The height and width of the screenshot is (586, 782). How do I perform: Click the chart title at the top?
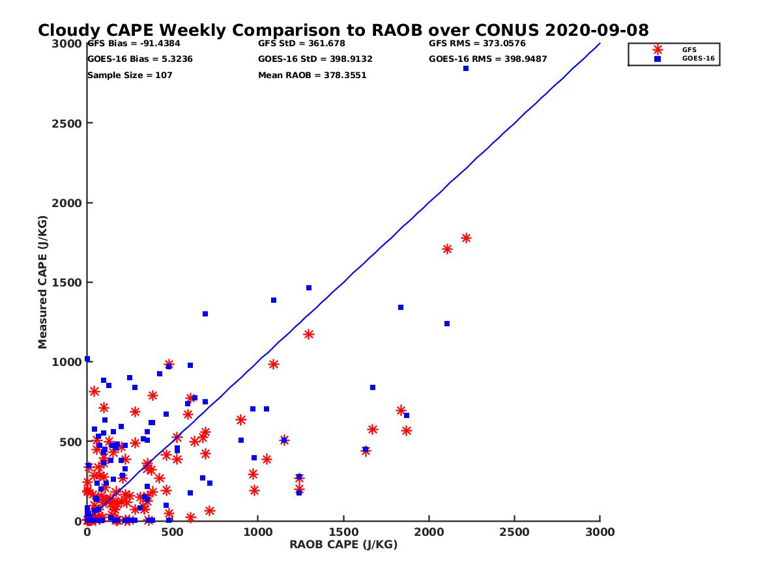click(343, 30)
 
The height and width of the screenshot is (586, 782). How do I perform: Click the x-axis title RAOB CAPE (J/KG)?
click(343, 544)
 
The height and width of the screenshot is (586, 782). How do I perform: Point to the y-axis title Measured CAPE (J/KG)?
click(43, 282)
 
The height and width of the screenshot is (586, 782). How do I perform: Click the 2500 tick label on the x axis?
click(515, 532)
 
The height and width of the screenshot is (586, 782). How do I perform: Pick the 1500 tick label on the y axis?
click(66, 283)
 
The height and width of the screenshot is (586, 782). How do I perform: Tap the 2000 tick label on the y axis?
click(66, 203)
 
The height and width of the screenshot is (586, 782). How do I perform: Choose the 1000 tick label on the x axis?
click(258, 532)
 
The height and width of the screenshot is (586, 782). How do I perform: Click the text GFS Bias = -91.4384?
click(134, 44)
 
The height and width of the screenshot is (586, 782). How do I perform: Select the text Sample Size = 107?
click(130, 75)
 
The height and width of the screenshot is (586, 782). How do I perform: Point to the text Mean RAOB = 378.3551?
click(312, 75)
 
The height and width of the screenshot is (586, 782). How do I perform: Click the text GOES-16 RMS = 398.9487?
click(487, 59)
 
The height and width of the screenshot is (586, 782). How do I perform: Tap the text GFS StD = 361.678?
click(302, 44)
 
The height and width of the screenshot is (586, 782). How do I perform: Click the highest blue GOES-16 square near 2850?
click(466, 68)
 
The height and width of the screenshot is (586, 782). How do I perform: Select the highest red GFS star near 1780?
click(466, 238)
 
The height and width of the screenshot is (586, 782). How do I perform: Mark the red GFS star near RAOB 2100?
click(447, 249)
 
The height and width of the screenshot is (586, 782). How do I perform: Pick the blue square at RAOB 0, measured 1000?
click(87, 359)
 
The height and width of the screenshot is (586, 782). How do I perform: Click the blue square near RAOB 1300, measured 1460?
click(309, 288)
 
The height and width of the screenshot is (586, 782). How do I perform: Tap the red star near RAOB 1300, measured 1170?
click(309, 335)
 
